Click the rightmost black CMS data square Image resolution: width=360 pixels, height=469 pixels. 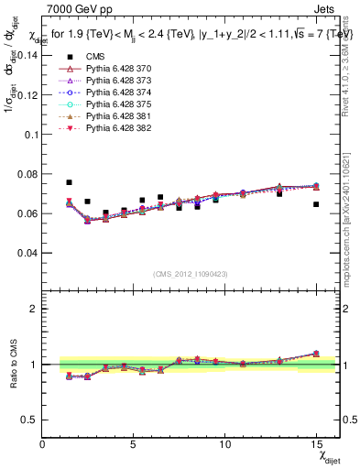316,204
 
